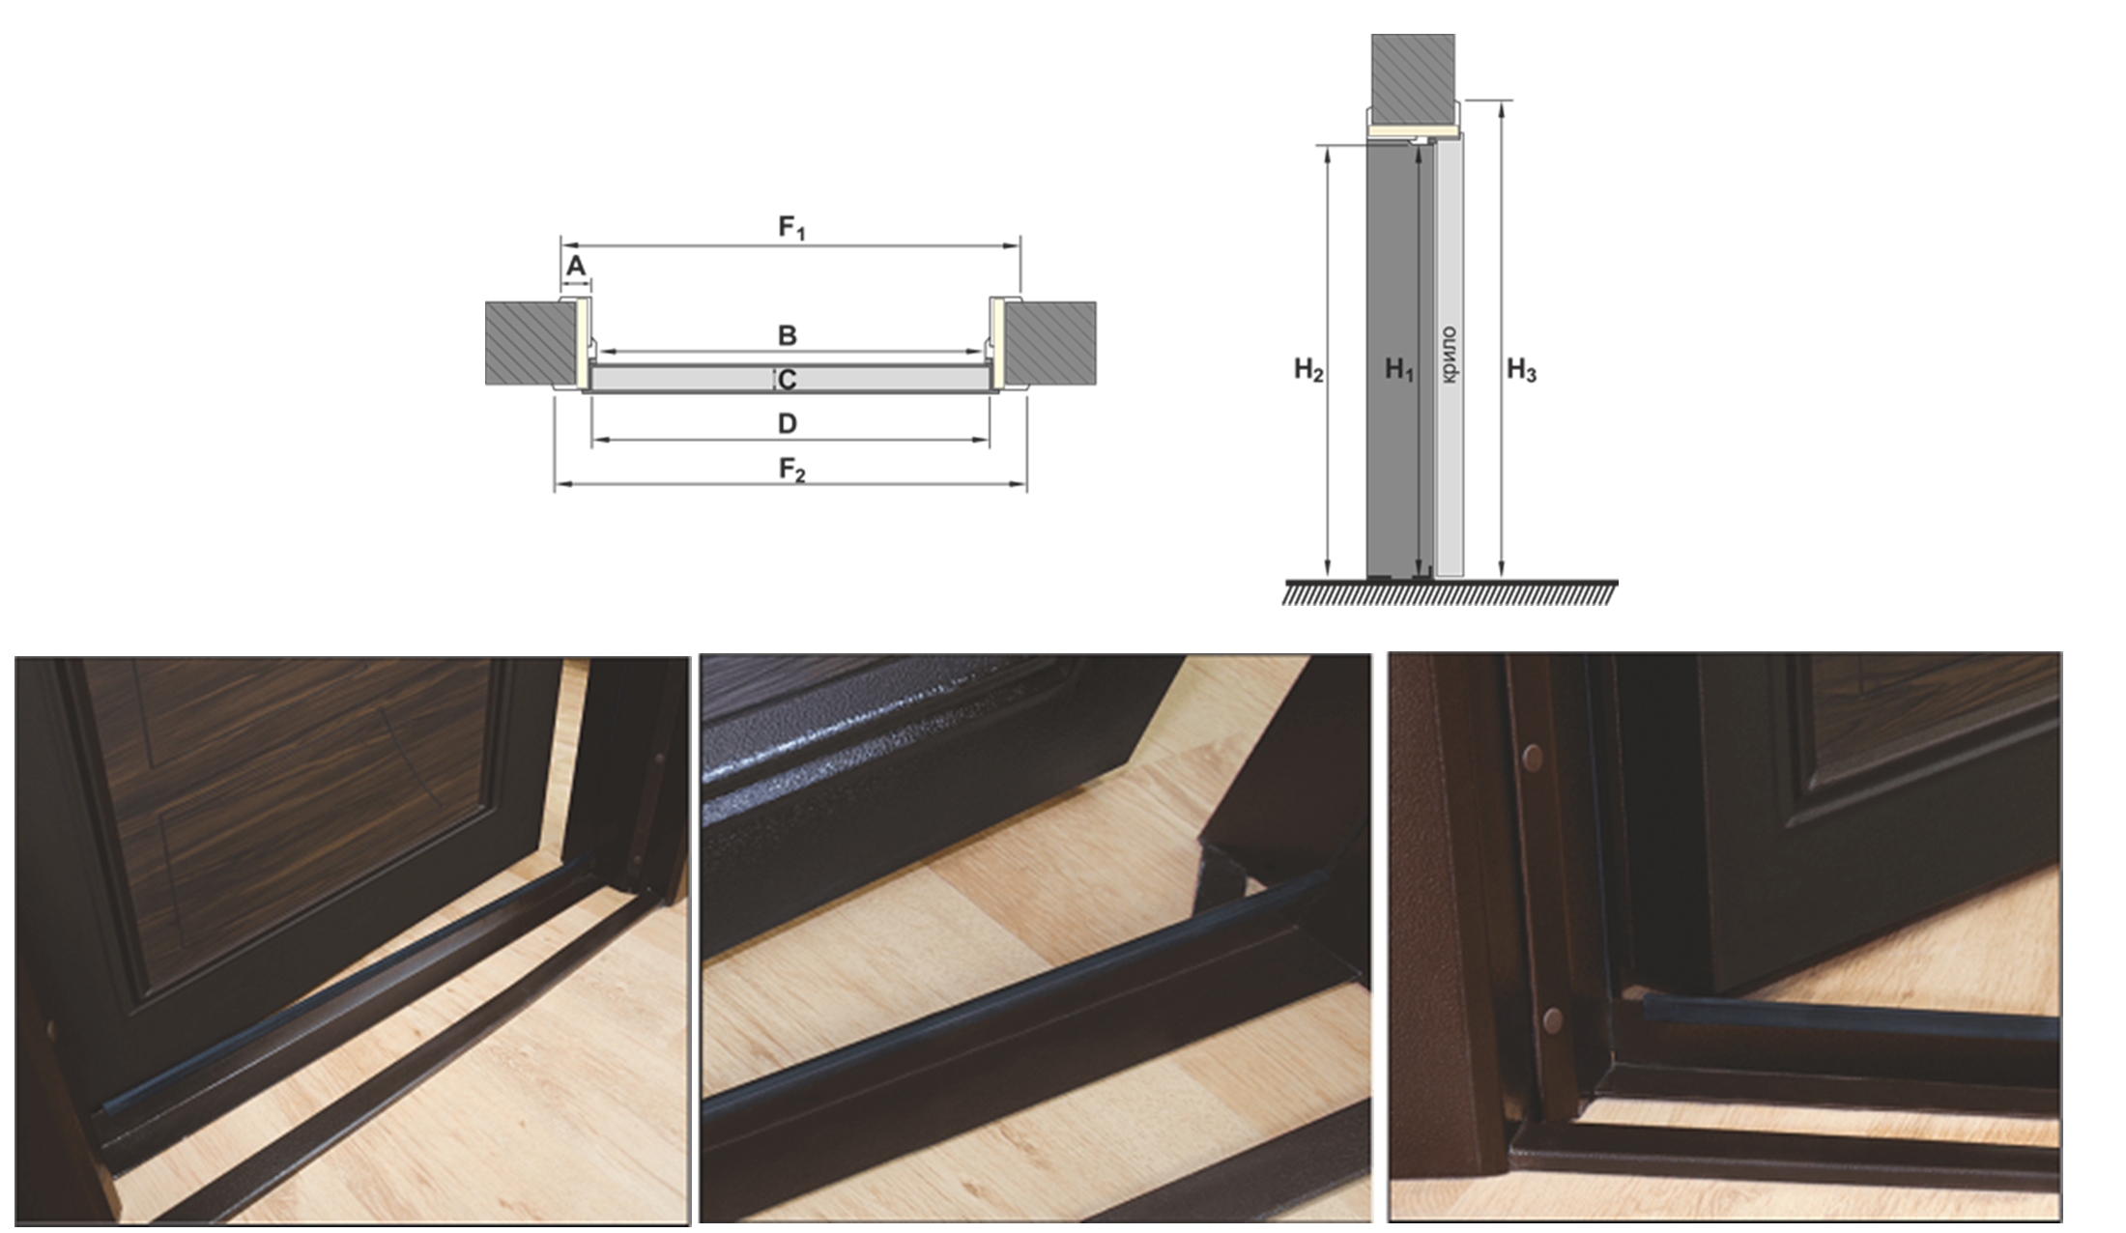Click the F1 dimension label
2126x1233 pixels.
792,228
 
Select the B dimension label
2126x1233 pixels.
788,335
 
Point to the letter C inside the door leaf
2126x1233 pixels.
788,380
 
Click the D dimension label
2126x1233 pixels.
788,423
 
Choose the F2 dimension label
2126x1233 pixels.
792,471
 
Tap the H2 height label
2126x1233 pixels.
1308,370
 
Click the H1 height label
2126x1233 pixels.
1399,370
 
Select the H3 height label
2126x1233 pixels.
1521,370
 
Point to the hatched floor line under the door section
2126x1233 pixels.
1451,592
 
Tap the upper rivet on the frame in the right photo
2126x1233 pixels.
1533,758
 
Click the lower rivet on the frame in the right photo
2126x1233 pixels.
1552,1018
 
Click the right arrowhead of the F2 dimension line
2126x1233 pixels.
1019,484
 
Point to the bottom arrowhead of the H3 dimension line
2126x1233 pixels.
1501,570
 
